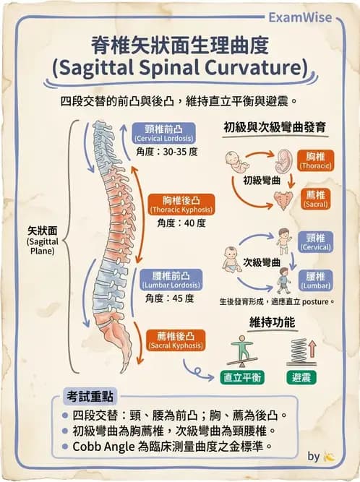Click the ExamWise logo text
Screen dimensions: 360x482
[300, 17]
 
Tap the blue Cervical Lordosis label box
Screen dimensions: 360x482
[164, 134]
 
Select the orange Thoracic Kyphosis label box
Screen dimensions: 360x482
[181, 205]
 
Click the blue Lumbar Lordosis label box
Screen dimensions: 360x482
[171, 280]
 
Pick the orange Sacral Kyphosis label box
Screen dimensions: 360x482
[176, 340]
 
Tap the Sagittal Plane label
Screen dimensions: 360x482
[43, 241]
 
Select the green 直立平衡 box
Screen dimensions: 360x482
[243, 377]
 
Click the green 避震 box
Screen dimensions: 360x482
[301, 377]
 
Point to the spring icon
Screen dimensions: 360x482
[299, 350]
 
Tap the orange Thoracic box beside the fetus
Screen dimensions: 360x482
[315, 160]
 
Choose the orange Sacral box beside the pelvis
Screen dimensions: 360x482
[315, 199]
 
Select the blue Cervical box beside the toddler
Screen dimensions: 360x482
[315, 242]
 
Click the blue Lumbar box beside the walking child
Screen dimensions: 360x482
[315, 280]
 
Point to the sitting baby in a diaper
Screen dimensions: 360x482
[232, 259]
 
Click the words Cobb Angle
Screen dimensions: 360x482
[103, 447]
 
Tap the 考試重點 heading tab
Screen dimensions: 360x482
[90, 396]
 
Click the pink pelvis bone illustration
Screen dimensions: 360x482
[283, 199]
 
